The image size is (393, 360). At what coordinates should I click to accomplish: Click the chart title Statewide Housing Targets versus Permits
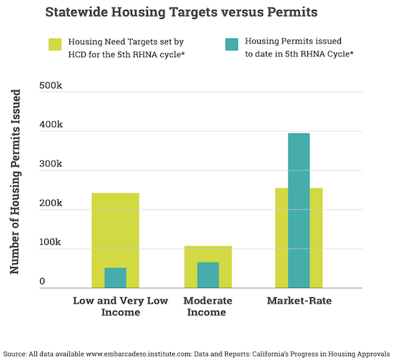pos(181,12)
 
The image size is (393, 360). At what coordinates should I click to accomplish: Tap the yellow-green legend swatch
pos(55,44)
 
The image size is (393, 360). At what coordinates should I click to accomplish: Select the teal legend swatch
pos(232,44)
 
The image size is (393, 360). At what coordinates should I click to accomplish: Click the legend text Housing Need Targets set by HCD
pos(126,48)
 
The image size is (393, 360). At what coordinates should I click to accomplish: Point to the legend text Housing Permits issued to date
pos(299,47)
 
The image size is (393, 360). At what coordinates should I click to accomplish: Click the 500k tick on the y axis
pos(51,86)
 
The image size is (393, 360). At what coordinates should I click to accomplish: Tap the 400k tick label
pos(51,124)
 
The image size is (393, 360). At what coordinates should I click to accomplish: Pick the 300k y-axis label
pos(51,164)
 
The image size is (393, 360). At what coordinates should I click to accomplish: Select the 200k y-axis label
pos(51,203)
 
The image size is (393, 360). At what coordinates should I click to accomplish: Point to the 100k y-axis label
pos(50,242)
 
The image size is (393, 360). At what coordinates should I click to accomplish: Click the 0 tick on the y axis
pos(42,281)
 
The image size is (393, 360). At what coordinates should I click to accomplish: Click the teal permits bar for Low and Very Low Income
pos(115,278)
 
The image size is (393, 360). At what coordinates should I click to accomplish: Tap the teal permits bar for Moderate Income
pos(208,275)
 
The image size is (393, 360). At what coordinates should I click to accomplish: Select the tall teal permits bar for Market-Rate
pos(299,211)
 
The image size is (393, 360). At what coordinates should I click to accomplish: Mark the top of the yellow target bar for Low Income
pos(115,193)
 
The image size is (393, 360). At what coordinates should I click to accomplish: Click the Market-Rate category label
pos(299,301)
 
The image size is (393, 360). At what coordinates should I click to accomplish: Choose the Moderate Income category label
pos(207,306)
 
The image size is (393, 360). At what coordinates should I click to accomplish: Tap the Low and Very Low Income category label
pos(121,306)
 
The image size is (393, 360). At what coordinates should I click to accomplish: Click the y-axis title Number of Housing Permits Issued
pos(15,181)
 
